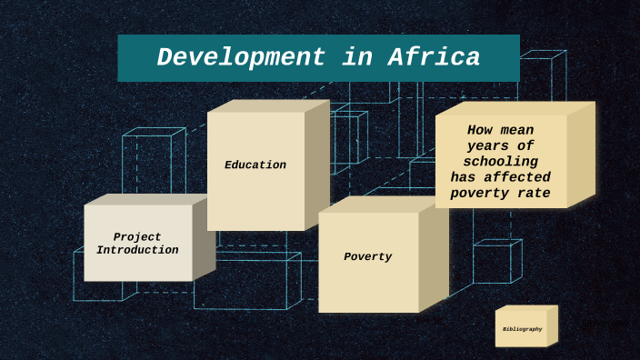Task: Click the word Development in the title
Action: click(240, 57)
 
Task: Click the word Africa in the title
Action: click(435, 57)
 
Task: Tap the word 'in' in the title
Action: click(356, 57)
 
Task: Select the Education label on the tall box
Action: click(255, 165)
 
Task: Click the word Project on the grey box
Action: click(137, 237)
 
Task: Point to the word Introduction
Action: click(137, 250)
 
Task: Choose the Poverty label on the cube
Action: click(367, 257)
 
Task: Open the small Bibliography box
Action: click(522, 329)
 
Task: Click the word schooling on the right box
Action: click(501, 161)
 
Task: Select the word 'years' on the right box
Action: click(488, 145)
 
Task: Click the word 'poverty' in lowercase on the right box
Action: click(482, 193)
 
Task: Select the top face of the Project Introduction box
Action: click(145, 199)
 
